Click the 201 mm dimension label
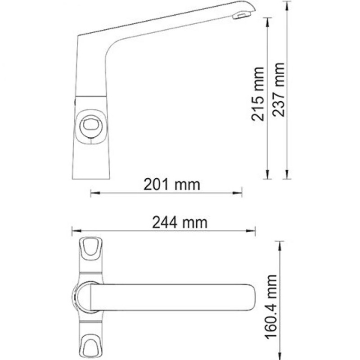click(171, 184)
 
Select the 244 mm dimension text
click(180, 222)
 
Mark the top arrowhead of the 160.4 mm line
click(281, 243)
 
